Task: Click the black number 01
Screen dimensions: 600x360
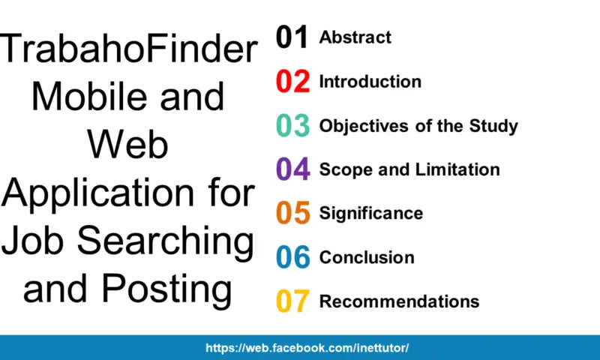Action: [x=292, y=37]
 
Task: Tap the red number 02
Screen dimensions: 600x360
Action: [x=292, y=81]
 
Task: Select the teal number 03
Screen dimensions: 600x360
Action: [x=292, y=125]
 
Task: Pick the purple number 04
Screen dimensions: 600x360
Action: [x=292, y=169]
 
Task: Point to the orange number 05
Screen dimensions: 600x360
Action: [x=292, y=213]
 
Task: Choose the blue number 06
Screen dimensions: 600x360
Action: [x=292, y=257]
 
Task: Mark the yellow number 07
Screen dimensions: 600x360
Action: [x=292, y=301]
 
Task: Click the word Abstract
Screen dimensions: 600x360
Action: [x=355, y=37]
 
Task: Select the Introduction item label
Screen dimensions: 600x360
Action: [x=370, y=82]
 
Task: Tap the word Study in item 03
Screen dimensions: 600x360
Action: [x=493, y=127]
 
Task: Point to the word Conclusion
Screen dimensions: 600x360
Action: [x=367, y=257]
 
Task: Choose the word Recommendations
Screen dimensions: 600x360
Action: [x=399, y=301]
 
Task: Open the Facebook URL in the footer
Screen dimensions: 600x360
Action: [x=307, y=348]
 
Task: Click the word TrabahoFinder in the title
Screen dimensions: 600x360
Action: [x=128, y=49]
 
